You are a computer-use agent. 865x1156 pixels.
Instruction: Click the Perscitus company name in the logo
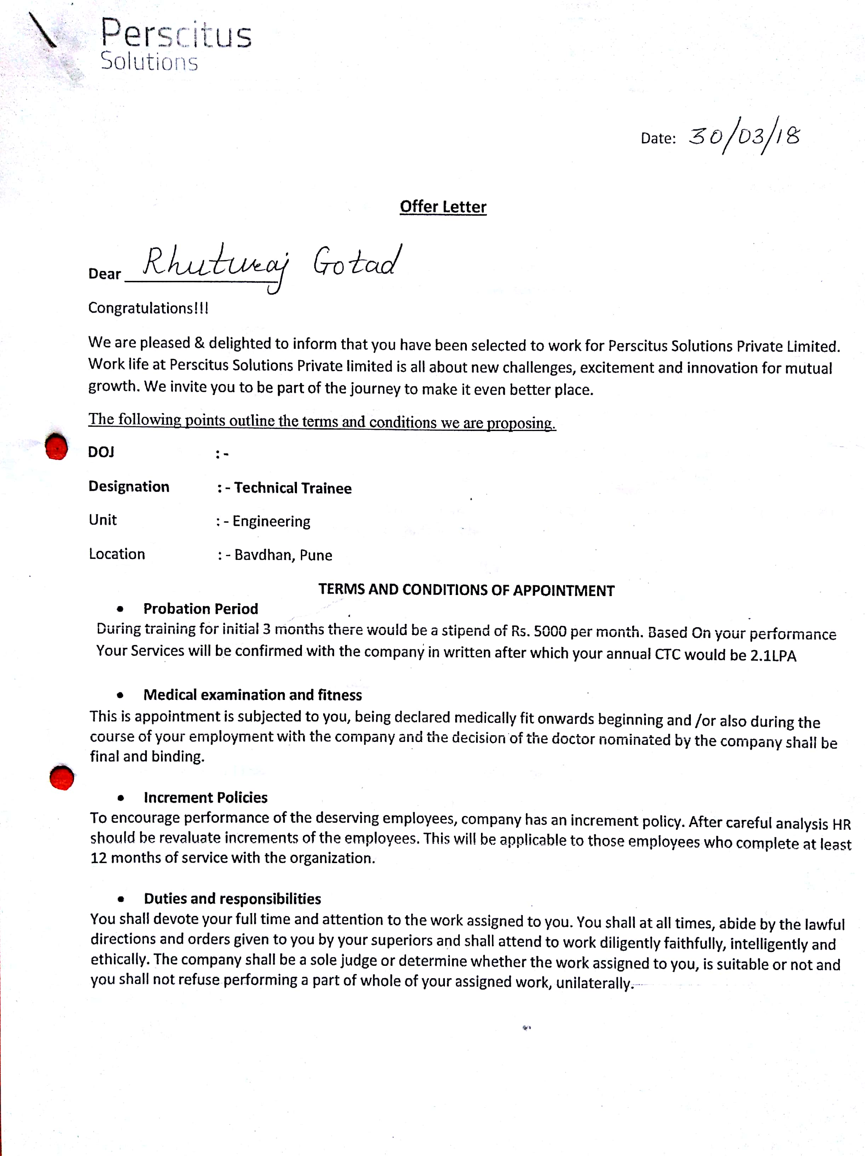pyautogui.click(x=176, y=34)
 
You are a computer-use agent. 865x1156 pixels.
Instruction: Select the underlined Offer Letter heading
pyautogui.click(x=443, y=207)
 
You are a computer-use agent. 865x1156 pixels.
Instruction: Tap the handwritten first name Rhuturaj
pyautogui.click(x=215, y=264)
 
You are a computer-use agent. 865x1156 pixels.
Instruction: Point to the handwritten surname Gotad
pyautogui.click(x=357, y=261)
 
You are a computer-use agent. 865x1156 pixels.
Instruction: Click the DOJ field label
pyautogui.click(x=101, y=452)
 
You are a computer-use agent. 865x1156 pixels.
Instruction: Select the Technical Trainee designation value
pyautogui.click(x=292, y=488)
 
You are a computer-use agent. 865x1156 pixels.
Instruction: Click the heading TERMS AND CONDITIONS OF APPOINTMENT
pyautogui.click(x=466, y=590)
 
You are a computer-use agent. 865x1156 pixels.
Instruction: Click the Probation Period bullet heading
pyautogui.click(x=201, y=609)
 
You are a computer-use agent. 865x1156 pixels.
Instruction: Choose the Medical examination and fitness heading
pyautogui.click(x=252, y=695)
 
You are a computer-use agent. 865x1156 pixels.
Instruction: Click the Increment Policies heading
pyautogui.click(x=205, y=798)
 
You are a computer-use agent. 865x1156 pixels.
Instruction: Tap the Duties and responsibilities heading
pyautogui.click(x=233, y=899)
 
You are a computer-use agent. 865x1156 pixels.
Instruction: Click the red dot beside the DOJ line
pyautogui.click(x=56, y=447)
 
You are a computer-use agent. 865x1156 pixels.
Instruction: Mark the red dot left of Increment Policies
pyautogui.click(x=62, y=777)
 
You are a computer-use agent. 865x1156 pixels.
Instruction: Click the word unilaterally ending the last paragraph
pyautogui.click(x=594, y=983)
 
